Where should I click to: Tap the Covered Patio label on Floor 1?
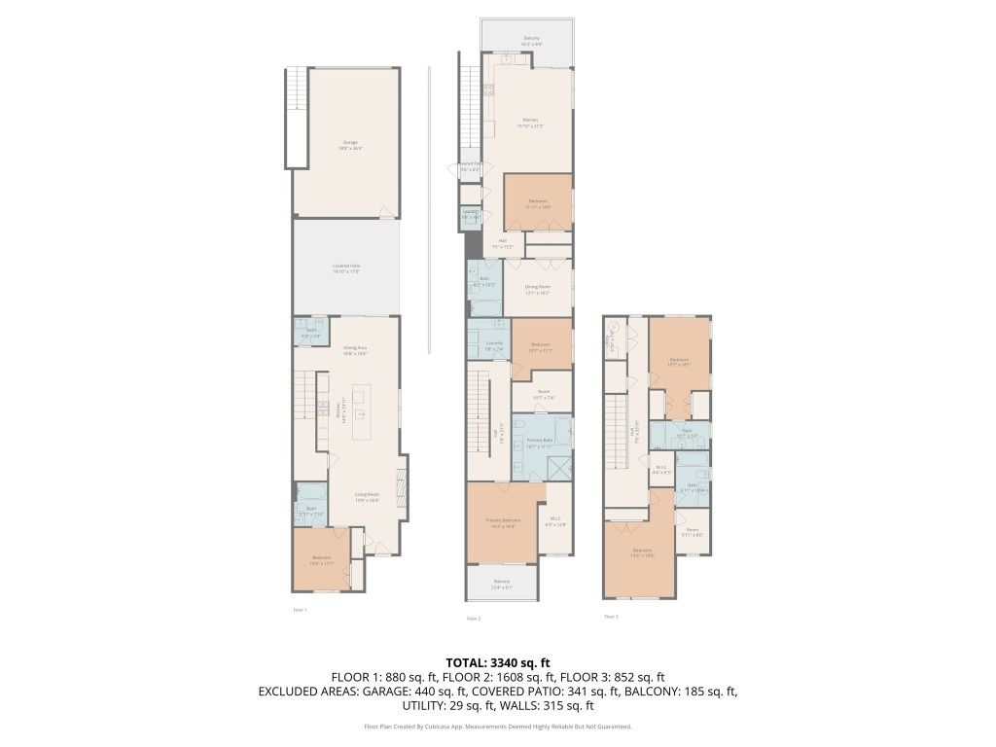(346, 268)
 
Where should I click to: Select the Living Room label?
(367, 497)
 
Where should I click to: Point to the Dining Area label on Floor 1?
(354, 350)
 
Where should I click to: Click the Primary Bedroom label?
(503, 522)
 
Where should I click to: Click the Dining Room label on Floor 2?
(538, 289)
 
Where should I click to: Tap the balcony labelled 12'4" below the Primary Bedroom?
(501, 584)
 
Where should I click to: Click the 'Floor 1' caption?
(300, 610)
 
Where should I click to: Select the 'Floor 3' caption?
(611, 616)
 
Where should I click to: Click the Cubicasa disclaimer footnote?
(497, 727)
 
